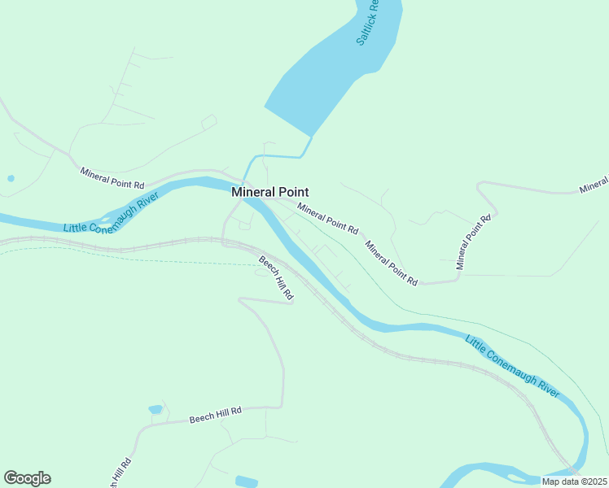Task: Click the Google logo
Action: tap(27, 478)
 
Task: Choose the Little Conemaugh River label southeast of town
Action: tap(512, 366)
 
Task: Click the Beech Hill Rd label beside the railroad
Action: tap(276, 280)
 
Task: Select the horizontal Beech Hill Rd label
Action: tap(216, 415)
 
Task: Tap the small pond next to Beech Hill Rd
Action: tap(156, 409)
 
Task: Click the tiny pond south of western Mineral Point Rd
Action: tap(11, 178)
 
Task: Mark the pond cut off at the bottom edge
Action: tap(246, 481)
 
